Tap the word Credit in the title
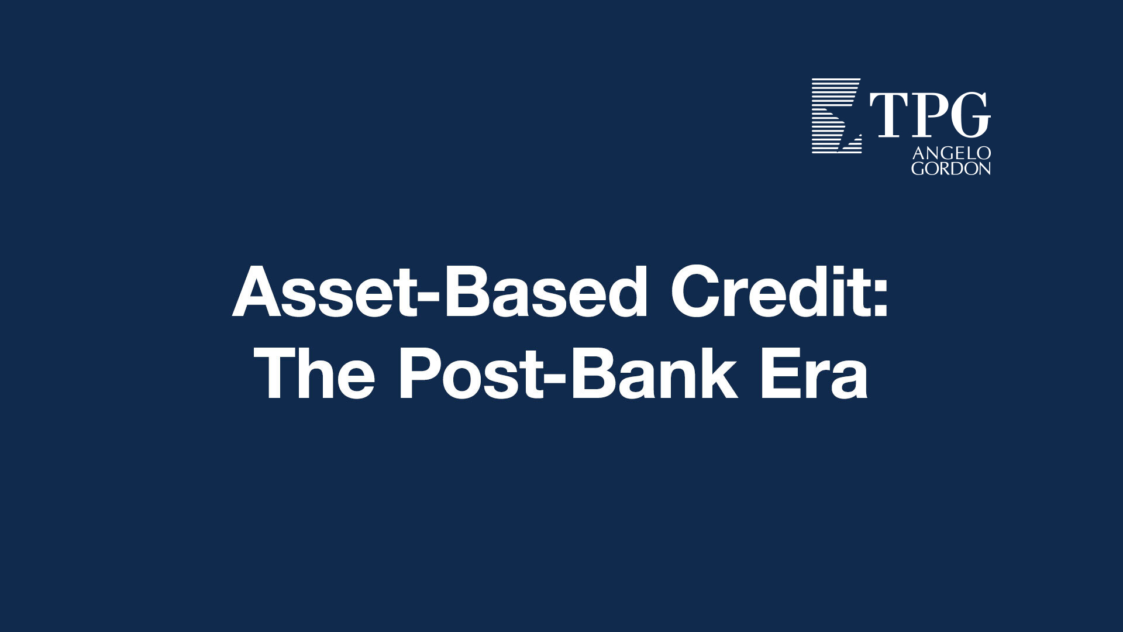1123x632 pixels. (766, 292)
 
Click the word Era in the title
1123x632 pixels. (814, 375)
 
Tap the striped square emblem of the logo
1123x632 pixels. (836, 116)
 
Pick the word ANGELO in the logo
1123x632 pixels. (951, 153)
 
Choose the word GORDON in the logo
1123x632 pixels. (951, 169)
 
